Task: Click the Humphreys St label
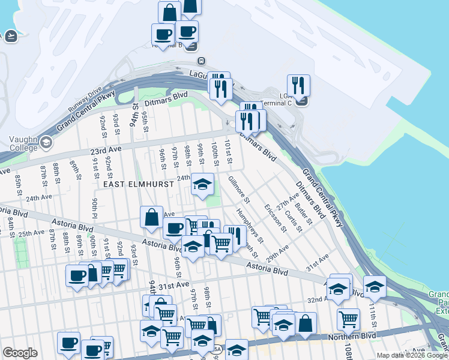coord(246,223)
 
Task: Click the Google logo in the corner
coord(20,353)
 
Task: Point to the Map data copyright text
coord(412,355)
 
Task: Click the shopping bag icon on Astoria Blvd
coord(152,217)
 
